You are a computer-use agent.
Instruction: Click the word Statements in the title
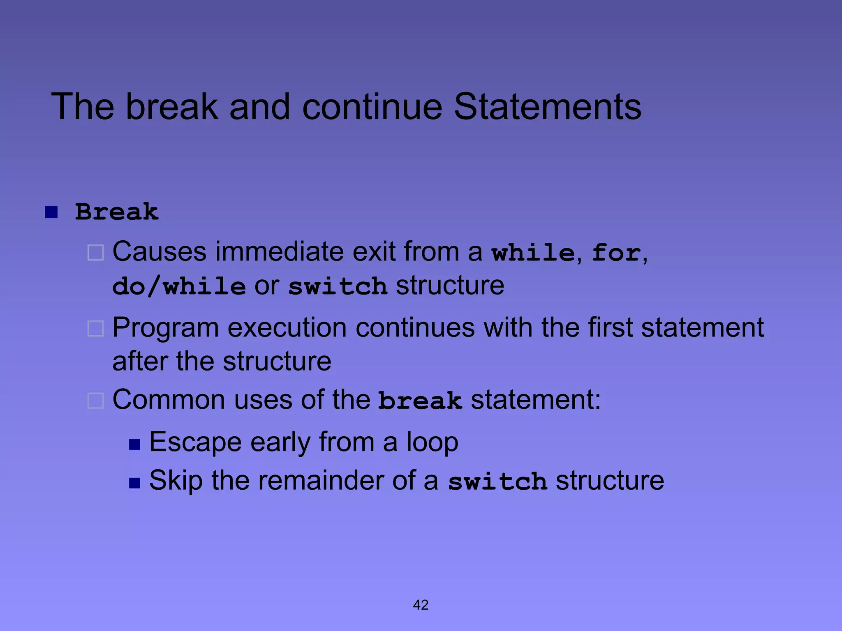pos(547,106)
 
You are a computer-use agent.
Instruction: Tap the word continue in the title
pos(372,106)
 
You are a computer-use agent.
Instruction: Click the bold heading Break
pos(117,212)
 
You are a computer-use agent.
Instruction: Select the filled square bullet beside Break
pos(51,212)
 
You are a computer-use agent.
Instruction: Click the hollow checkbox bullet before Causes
pos(96,253)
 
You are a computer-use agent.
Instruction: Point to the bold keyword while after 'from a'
pos(533,252)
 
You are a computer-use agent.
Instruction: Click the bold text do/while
pos(179,286)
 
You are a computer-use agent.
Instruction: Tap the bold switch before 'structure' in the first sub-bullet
pos(338,286)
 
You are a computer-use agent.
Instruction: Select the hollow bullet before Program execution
pos(96,329)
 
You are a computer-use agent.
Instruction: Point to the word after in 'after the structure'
pos(140,361)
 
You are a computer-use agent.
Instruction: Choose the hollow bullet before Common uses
pos(96,400)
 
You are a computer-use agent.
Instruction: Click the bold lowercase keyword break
pos(420,401)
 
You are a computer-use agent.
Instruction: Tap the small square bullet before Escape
pos(134,444)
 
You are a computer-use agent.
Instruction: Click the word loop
pos(432,442)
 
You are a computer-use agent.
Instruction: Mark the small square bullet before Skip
pos(134,483)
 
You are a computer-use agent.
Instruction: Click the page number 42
pos(421,605)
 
